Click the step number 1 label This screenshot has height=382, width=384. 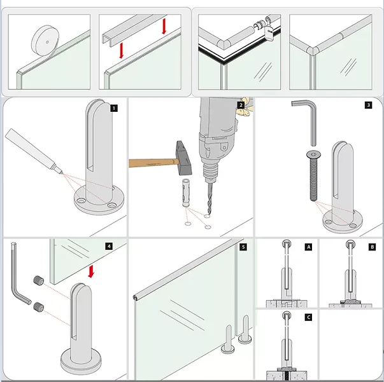[x=114, y=108]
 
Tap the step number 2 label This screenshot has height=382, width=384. [x=241, y=106]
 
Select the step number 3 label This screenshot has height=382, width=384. [x=368, y=106]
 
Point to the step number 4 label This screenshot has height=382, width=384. [x=109, y=245]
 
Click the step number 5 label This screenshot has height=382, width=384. [x=243, y=247]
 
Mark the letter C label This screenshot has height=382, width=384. [x=309, y=316]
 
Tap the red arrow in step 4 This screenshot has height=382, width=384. [x=91, y=271]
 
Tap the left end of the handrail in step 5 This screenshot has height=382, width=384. [x=136, y=297]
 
